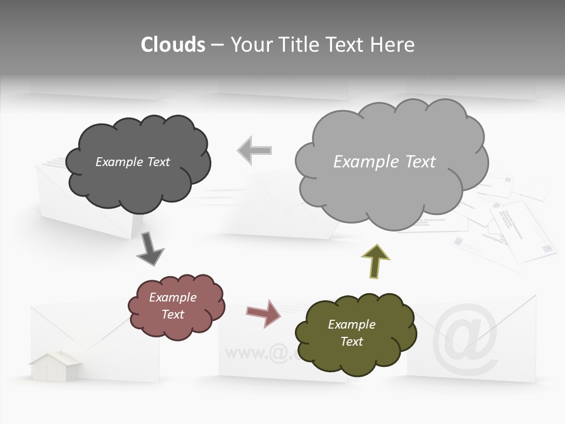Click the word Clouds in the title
pyautogui.click(x=172, y=45)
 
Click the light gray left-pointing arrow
pyautogui.click(x=254, y=150)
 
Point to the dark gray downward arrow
pyautogui.click(x=151, y=249)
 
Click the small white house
pyautogui.click(x=56, y=366)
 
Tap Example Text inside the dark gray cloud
pyautogui.click(x=132, y=162)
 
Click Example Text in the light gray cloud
pyautogui.click(x=384, y=162)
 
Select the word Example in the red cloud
pyautogui.click(x=172, y=297)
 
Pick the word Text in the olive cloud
pyautogui.click(x=351, y=342)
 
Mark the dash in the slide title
pyautogui.click(x=217, y=45)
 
